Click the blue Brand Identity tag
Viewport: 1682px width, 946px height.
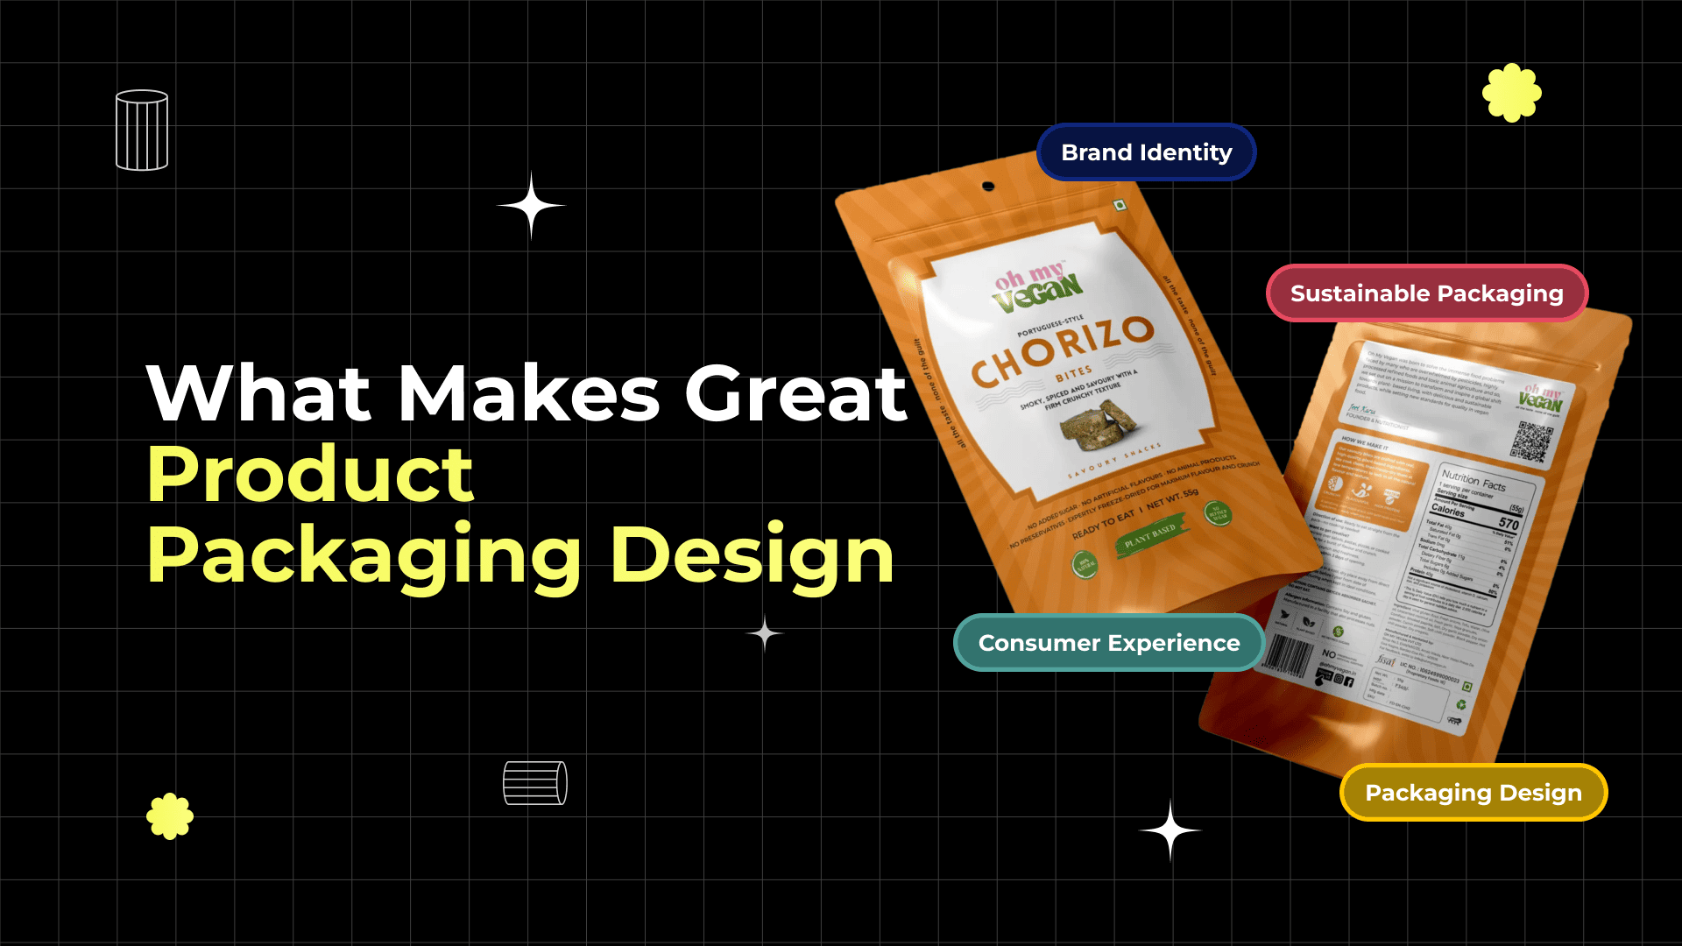pos(1146,152)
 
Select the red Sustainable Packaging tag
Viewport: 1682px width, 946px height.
pos(1426,293)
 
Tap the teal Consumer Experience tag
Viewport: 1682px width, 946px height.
pos(1108,643)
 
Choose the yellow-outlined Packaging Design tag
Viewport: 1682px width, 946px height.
pos(1473,793)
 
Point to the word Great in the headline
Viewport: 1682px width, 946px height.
pos(795,393)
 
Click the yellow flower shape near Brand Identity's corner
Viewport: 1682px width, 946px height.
pos(1511,93)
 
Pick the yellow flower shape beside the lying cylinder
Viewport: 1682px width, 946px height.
pos(170,816)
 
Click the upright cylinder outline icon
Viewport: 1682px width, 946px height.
pos(142,131)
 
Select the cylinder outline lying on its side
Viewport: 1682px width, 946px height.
pos(535,783)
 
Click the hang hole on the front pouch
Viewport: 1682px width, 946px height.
pos(988,187)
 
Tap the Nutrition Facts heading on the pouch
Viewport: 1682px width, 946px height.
pos(1474,480)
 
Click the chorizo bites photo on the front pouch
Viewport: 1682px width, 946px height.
pos(1099,423)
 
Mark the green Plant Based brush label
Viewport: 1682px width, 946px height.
pos(1151,535)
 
